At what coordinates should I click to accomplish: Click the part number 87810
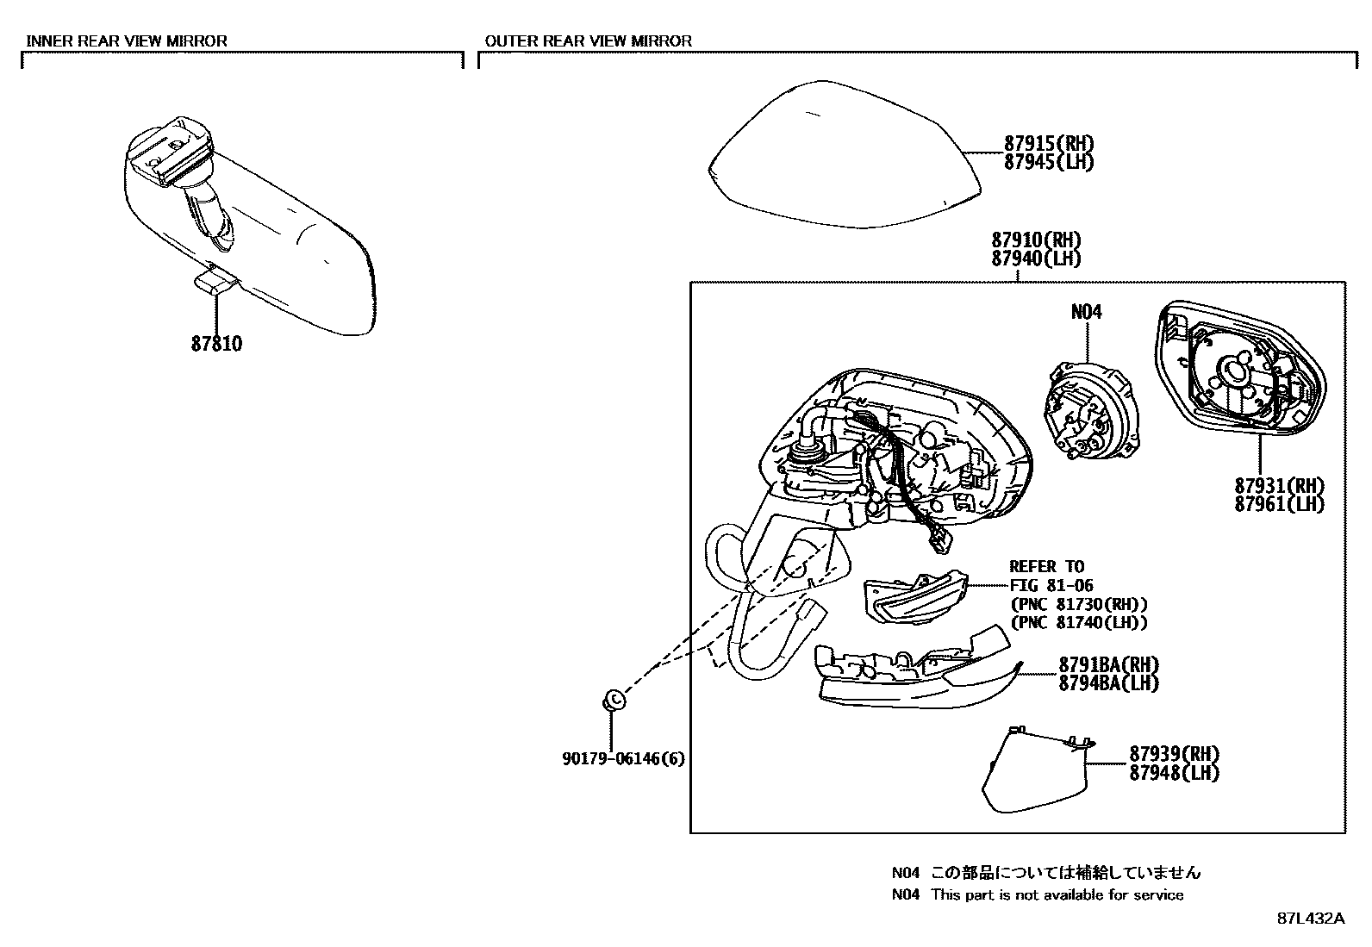[x=216, y=344]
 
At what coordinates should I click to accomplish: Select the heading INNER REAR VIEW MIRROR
[x=127, y=40]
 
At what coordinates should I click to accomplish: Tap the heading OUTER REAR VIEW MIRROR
[x=588, y=40]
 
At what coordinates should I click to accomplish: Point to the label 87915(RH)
[x=1048, y=143]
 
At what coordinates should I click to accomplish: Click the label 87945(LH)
[x=1048, y=162]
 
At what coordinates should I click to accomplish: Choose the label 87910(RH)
[x=1035, y=240]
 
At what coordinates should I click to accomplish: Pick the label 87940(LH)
[x=1035, y=259]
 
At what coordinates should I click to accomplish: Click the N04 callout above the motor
[x=1086, y=312]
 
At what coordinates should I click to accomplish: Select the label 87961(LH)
[x=1279, y=504]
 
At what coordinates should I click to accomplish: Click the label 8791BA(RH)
[x=1108, y=664]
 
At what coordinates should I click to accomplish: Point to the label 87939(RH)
[x=1174, y=754]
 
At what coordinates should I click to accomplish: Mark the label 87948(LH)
[x=1174, y=773]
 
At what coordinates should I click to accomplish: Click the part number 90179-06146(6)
[x=624, y=759]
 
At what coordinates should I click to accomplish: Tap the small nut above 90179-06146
[x=612, y=701]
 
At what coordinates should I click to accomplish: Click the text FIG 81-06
[x=1051, y=586]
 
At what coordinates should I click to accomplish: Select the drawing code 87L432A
[x=1310, y=918]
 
